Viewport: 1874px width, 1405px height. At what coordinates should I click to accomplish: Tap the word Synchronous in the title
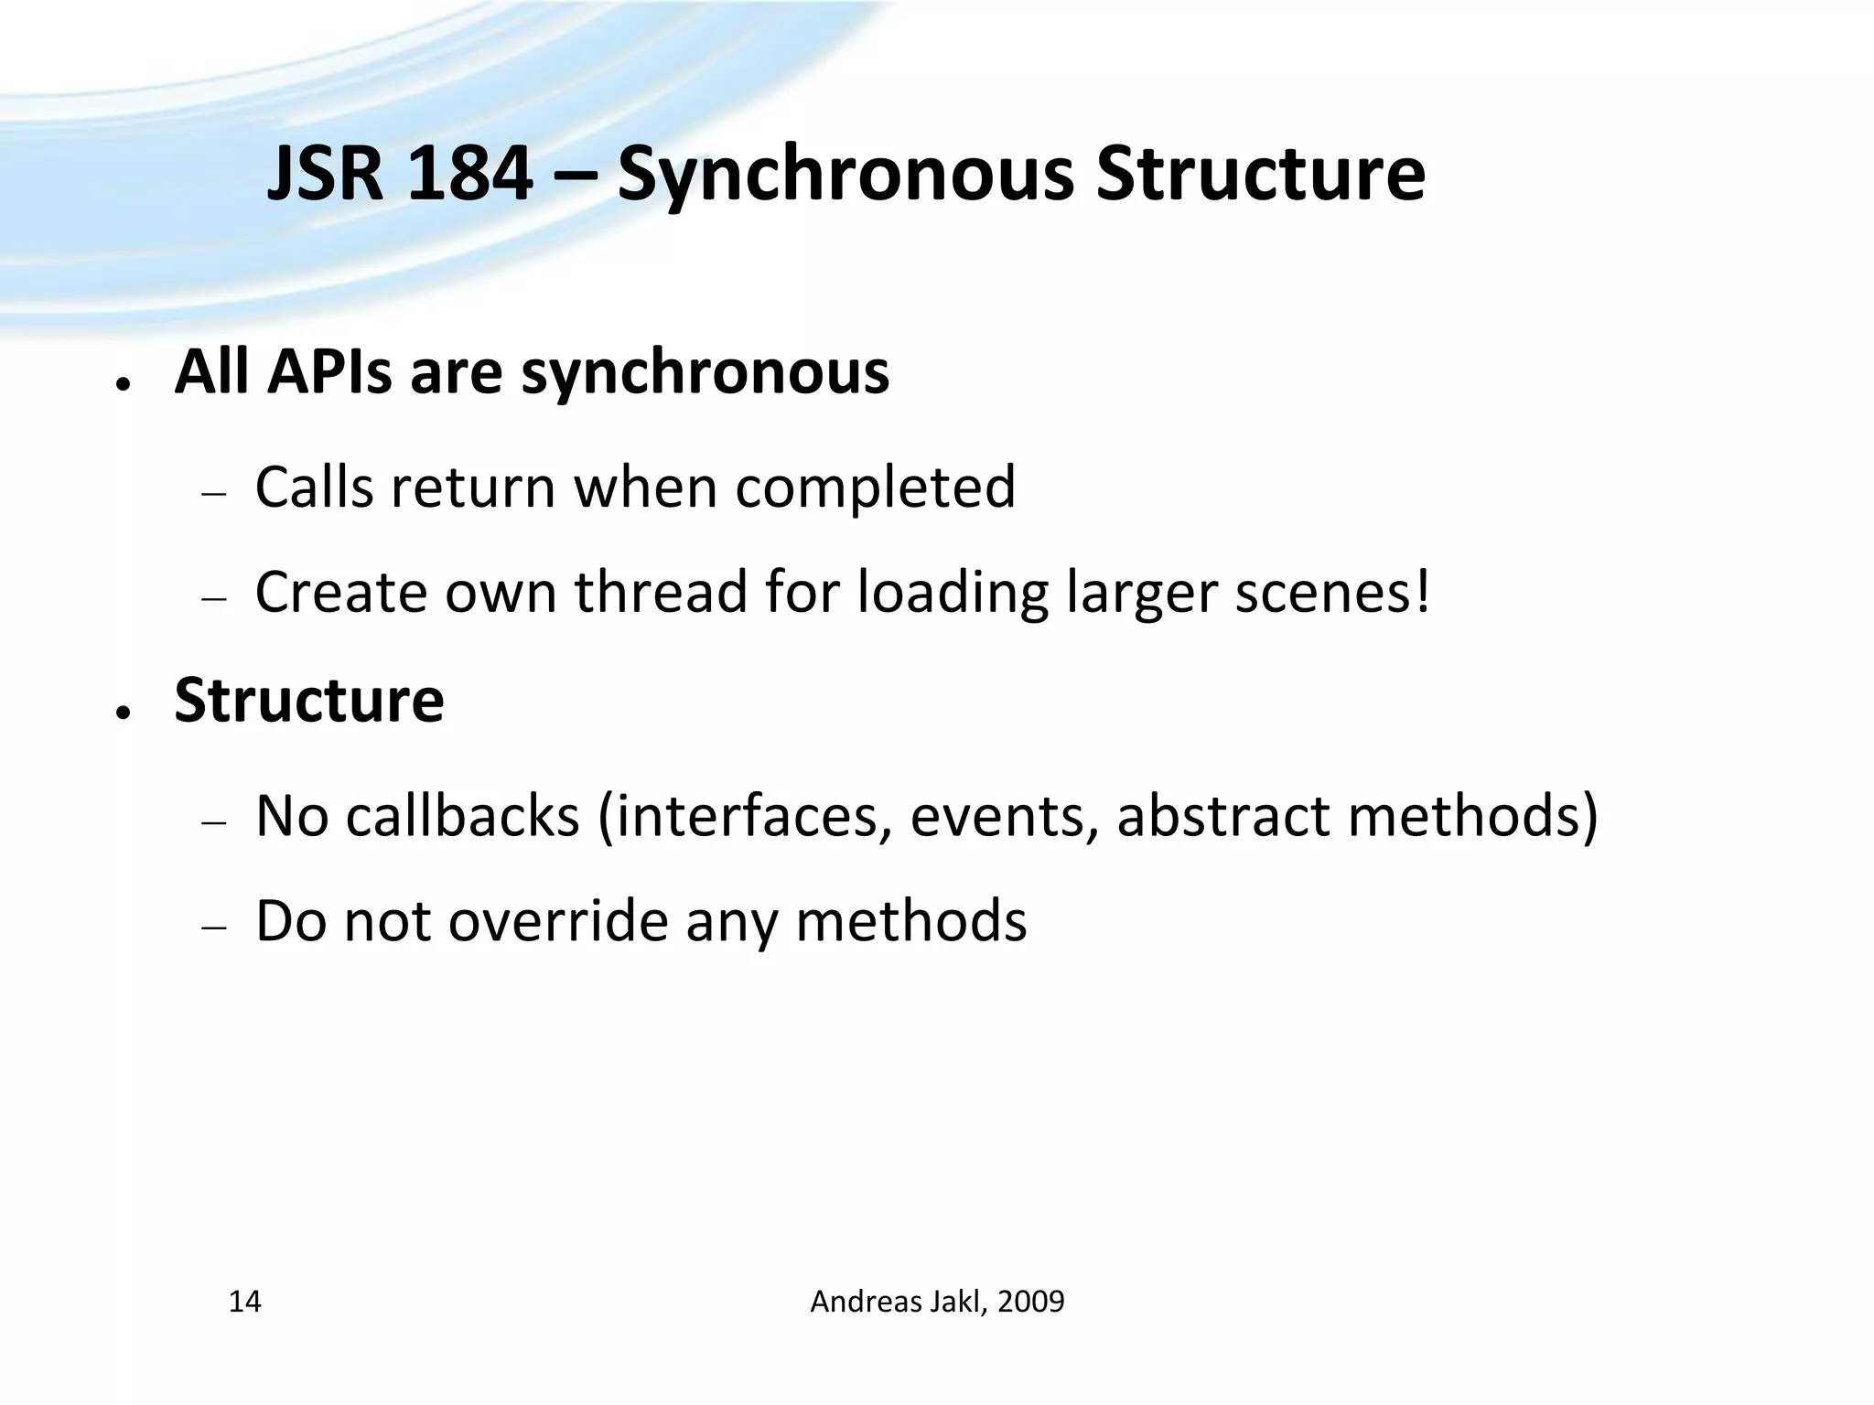(x=845, y=176)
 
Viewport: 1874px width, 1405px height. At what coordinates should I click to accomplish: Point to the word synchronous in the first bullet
(x=705, y=374)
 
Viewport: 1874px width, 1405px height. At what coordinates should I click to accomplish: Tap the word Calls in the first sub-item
(x=314, y=487)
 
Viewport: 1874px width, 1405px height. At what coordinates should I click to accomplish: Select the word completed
(x=875, y=488)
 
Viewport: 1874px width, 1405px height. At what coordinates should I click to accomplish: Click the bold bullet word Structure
(x=309, y=700)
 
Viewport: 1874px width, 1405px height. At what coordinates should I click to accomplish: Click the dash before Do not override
(x=213, y=927)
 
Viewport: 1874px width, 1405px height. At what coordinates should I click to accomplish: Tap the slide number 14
(x=244, y=1301)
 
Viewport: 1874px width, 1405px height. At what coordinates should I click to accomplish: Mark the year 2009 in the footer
(x=1030, y=1301)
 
